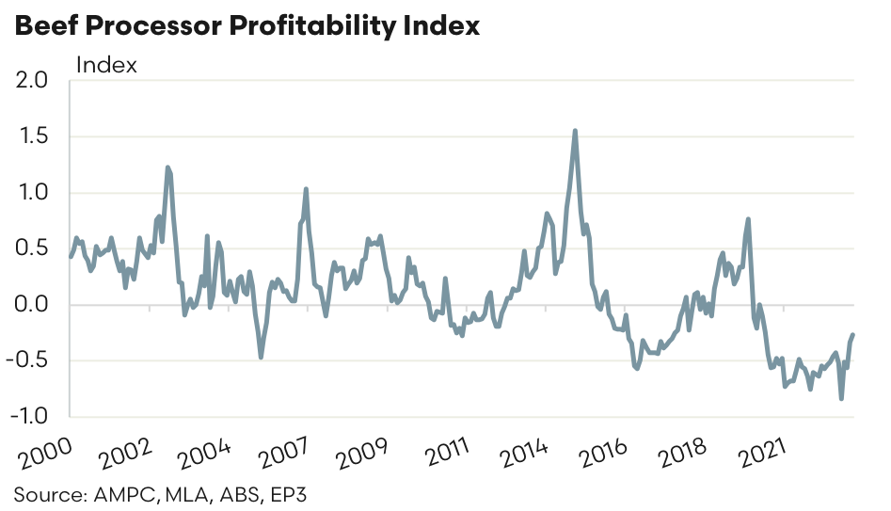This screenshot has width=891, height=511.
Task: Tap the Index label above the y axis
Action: point(105,65)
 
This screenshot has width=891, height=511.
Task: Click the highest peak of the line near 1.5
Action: point(575,131)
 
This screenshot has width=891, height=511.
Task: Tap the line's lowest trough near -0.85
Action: point(841,399)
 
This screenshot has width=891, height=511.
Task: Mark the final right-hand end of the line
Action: point(853,334)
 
